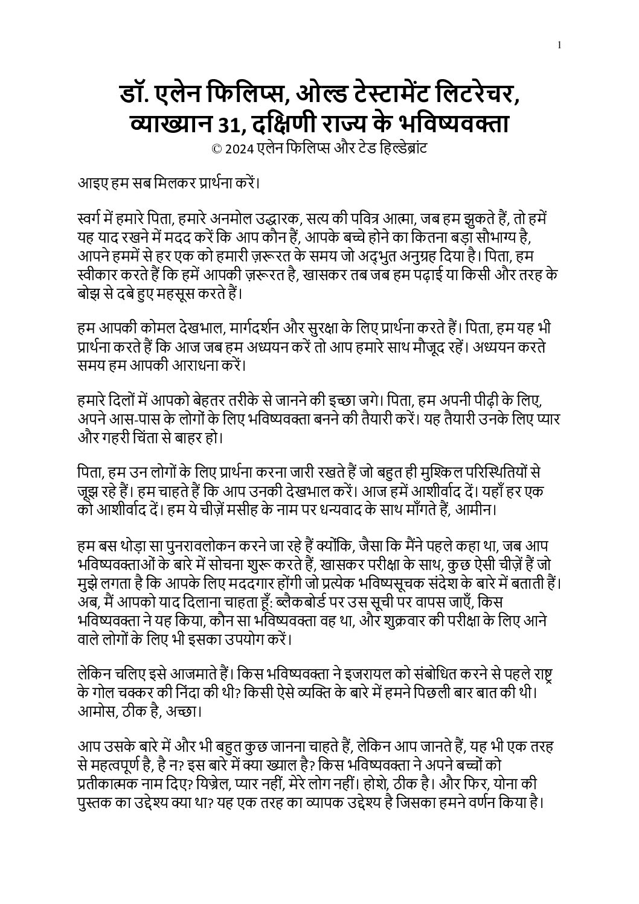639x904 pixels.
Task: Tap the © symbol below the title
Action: pos(216,148)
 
